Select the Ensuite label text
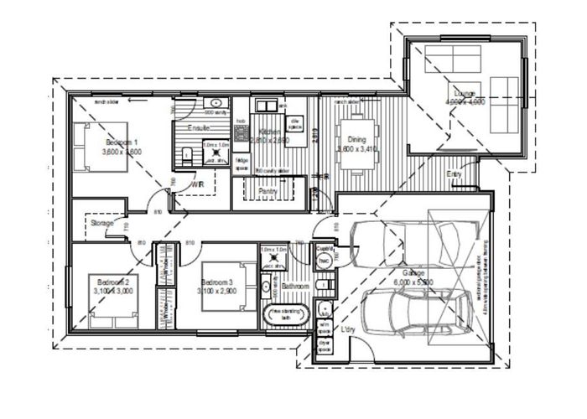click(x=199, y=128)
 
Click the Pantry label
click(x=269, y=191)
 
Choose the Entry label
click(x=455, y=173)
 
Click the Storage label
click(x=102, y=223)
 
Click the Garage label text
click(x=412, y=273)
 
